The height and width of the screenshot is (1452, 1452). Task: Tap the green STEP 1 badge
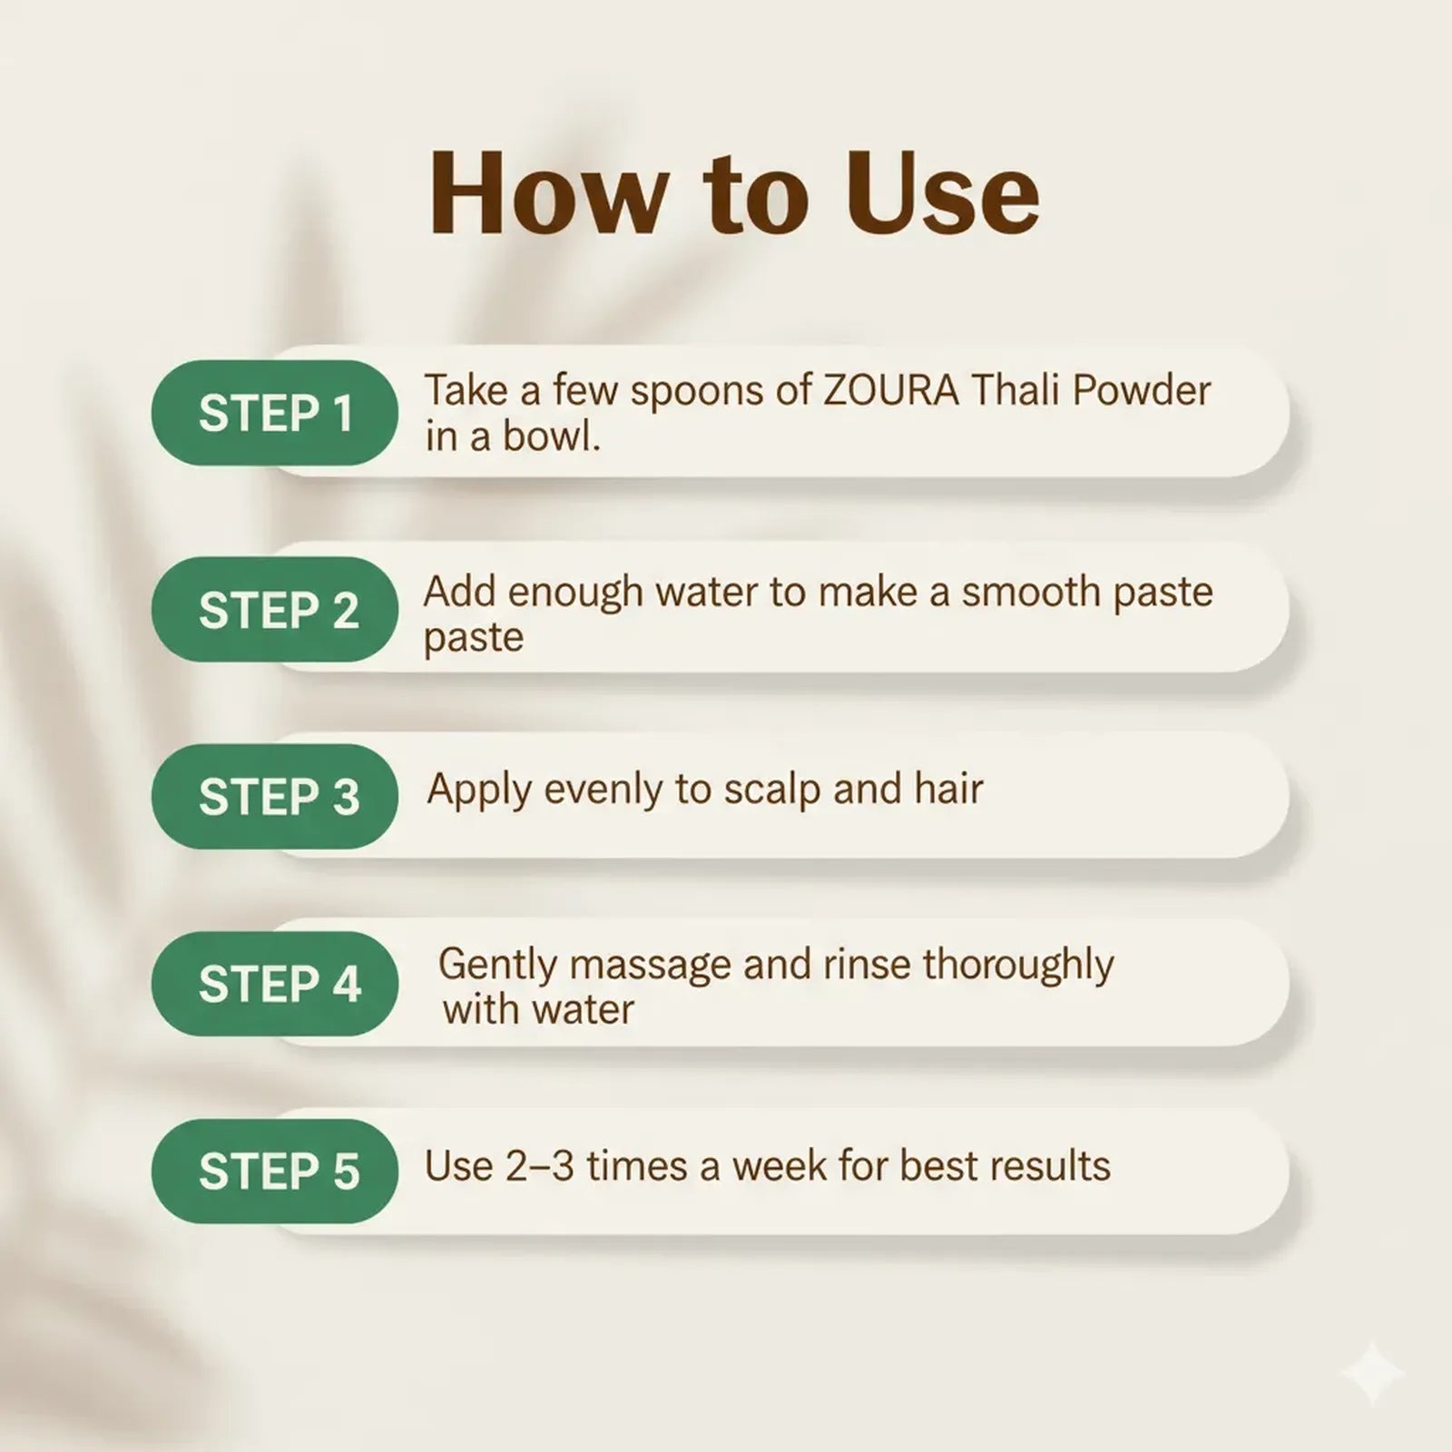point(275,414)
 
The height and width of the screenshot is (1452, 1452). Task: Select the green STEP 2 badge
point(275,610)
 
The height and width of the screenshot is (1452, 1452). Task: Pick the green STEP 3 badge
point(275,797)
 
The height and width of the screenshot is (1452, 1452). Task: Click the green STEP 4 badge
point(275,985)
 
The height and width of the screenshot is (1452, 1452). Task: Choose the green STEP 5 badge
point(275,1171)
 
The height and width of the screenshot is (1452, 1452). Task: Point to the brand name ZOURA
point(890,391)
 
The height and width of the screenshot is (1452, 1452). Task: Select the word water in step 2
point(706,592)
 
